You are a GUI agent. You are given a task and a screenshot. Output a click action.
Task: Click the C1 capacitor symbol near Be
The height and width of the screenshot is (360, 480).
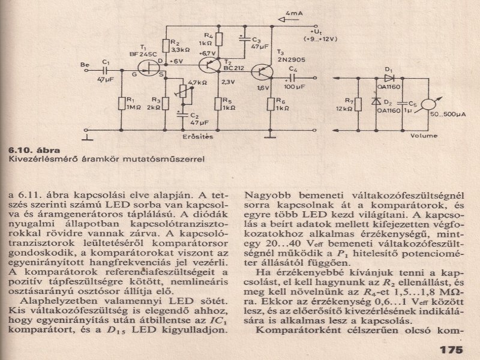pos(106,70)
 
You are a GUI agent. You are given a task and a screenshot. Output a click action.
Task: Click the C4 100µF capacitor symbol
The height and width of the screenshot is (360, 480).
pos(293,77)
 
